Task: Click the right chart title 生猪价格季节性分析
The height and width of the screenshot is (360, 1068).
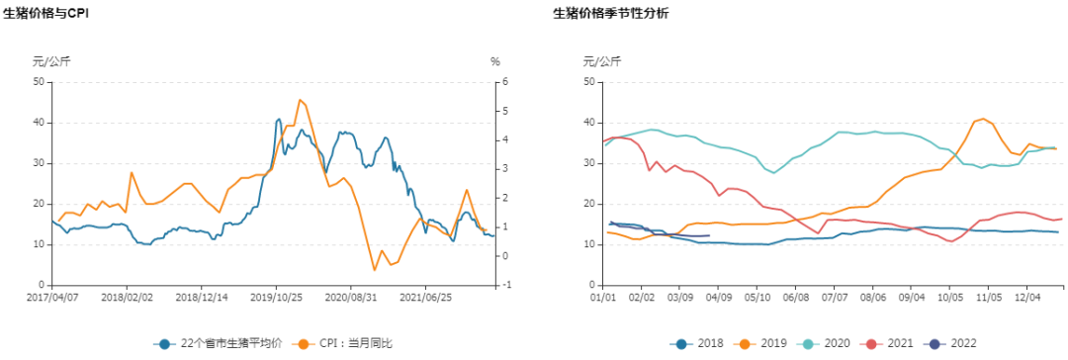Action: point(610,13)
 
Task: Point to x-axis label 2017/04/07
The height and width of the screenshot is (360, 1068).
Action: point(51,296)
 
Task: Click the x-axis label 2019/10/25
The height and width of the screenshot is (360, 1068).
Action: point(276,296)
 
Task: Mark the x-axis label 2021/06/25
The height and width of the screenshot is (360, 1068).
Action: point(426,296)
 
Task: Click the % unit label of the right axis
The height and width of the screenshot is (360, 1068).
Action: point(495,61)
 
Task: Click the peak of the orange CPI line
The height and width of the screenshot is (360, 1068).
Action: point(300,100)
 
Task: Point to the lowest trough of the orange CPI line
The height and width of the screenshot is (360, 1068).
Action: point(375,270)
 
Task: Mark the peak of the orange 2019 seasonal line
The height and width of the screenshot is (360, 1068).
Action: point(982,119)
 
